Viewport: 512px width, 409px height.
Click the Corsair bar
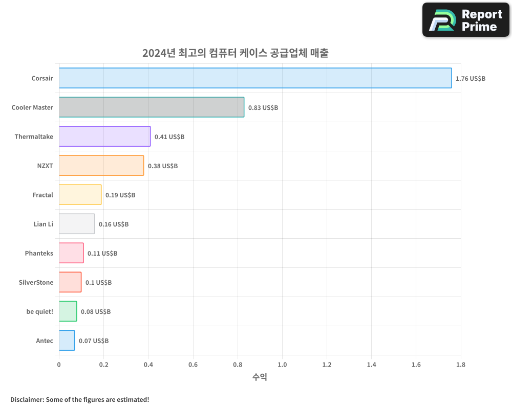click(255, 78)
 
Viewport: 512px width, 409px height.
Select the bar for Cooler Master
click(152, 107)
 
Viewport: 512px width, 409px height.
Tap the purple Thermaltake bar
click(104, 137)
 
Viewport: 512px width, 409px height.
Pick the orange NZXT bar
click(101, 166)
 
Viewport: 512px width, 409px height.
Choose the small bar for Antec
click(67, 340)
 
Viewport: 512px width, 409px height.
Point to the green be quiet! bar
click(68, 311)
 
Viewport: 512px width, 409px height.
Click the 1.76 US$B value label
click(471, 79)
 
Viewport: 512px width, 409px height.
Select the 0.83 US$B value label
click(263, 108)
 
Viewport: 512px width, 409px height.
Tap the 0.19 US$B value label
click(120, 195)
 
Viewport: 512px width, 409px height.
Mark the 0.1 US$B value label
click(98, 283)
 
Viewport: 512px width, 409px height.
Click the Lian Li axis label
click(43, 224)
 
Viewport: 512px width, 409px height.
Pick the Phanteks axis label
click(39, 254)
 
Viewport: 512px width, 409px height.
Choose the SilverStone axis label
click(36, 283)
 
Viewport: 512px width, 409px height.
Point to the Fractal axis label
click(42, 195)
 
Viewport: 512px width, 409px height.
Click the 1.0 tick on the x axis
click(282, 365)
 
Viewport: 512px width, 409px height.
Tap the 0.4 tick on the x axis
click(148, 365)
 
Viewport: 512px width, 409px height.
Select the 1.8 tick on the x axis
click(461, 365)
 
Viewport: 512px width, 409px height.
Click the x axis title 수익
click(260, 377)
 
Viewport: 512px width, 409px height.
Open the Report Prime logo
click(465, 20)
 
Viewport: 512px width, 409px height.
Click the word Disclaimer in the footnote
click(27, 399)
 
